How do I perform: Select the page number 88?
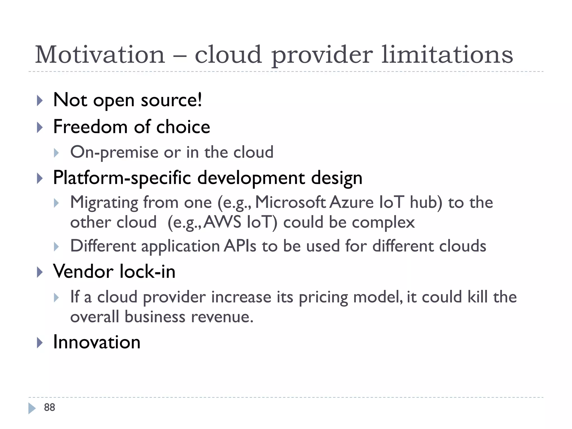pyautogui.click(x=49, y=407)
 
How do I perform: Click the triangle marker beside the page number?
pyautogui.click(x=32, y=408)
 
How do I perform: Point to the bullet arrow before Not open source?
pyautogui.click(x=40, y=101)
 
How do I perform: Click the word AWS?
pyautogui.click(x=222, y=223)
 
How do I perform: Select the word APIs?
pyautogui.click(x=240, y=246)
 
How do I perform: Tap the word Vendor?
pyautogui.click(x=83, y=271)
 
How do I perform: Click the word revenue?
pyautogui.click(x=222, y=317)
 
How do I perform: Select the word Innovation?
pyautogui.click(x=97, y=342)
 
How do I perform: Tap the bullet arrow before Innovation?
pyautogui.click(x=40, y=343)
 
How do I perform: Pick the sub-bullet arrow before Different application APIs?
pyautogui.click(x=56, y=247)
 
